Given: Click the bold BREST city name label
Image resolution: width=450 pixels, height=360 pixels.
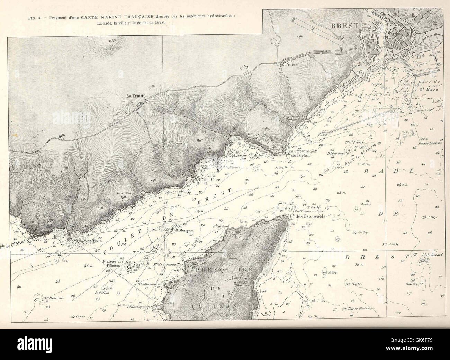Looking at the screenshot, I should [342, 26].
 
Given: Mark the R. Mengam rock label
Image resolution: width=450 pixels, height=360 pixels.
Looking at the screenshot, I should [183, 230].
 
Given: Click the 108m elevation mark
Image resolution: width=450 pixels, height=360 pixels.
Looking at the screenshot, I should [111, 41].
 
